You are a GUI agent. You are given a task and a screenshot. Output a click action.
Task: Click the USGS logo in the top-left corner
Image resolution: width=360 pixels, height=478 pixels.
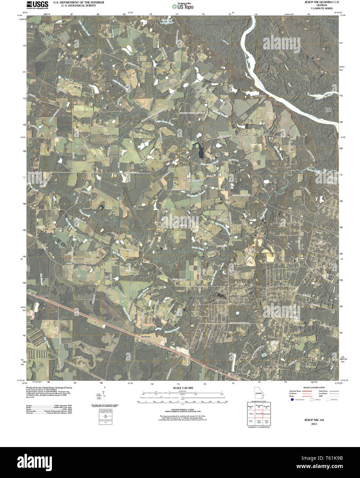(37, 4)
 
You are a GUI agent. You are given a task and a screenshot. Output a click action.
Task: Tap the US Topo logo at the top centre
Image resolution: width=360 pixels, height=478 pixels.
(183, 6)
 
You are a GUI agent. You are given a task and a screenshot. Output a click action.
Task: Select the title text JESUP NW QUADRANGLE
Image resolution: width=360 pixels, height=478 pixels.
(319, 2)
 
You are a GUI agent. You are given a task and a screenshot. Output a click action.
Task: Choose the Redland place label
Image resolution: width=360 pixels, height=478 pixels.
(146, 337)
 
